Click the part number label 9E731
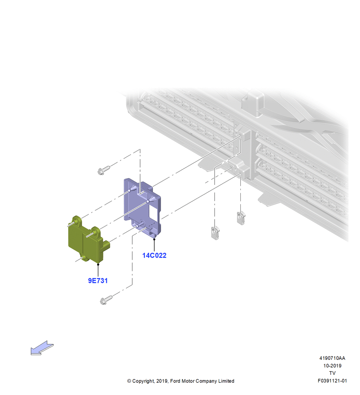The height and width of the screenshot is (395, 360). pos(97,280)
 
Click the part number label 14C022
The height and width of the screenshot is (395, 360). pos(154,256)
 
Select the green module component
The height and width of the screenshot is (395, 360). pos(87,239)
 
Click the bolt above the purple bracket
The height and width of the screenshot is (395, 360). pos(103,170)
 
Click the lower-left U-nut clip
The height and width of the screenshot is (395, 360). pos(215,233)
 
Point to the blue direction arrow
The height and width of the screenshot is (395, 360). pos(42,348)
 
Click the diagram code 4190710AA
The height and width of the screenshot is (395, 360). pos(332,358)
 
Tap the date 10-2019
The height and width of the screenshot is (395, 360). pos(332,365)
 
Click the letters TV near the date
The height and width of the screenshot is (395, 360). pos(332,373)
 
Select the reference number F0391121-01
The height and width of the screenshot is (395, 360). pos(332,381)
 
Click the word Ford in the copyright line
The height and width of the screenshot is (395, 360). pos(175,381)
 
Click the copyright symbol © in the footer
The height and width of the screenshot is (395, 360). pos(129,381)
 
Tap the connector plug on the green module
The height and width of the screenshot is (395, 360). pos(106,245)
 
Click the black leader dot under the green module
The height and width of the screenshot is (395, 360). pos(98,264)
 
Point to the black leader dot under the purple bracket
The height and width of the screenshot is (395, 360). pos(154,239)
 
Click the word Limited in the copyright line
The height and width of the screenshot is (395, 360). pos(226,381)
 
